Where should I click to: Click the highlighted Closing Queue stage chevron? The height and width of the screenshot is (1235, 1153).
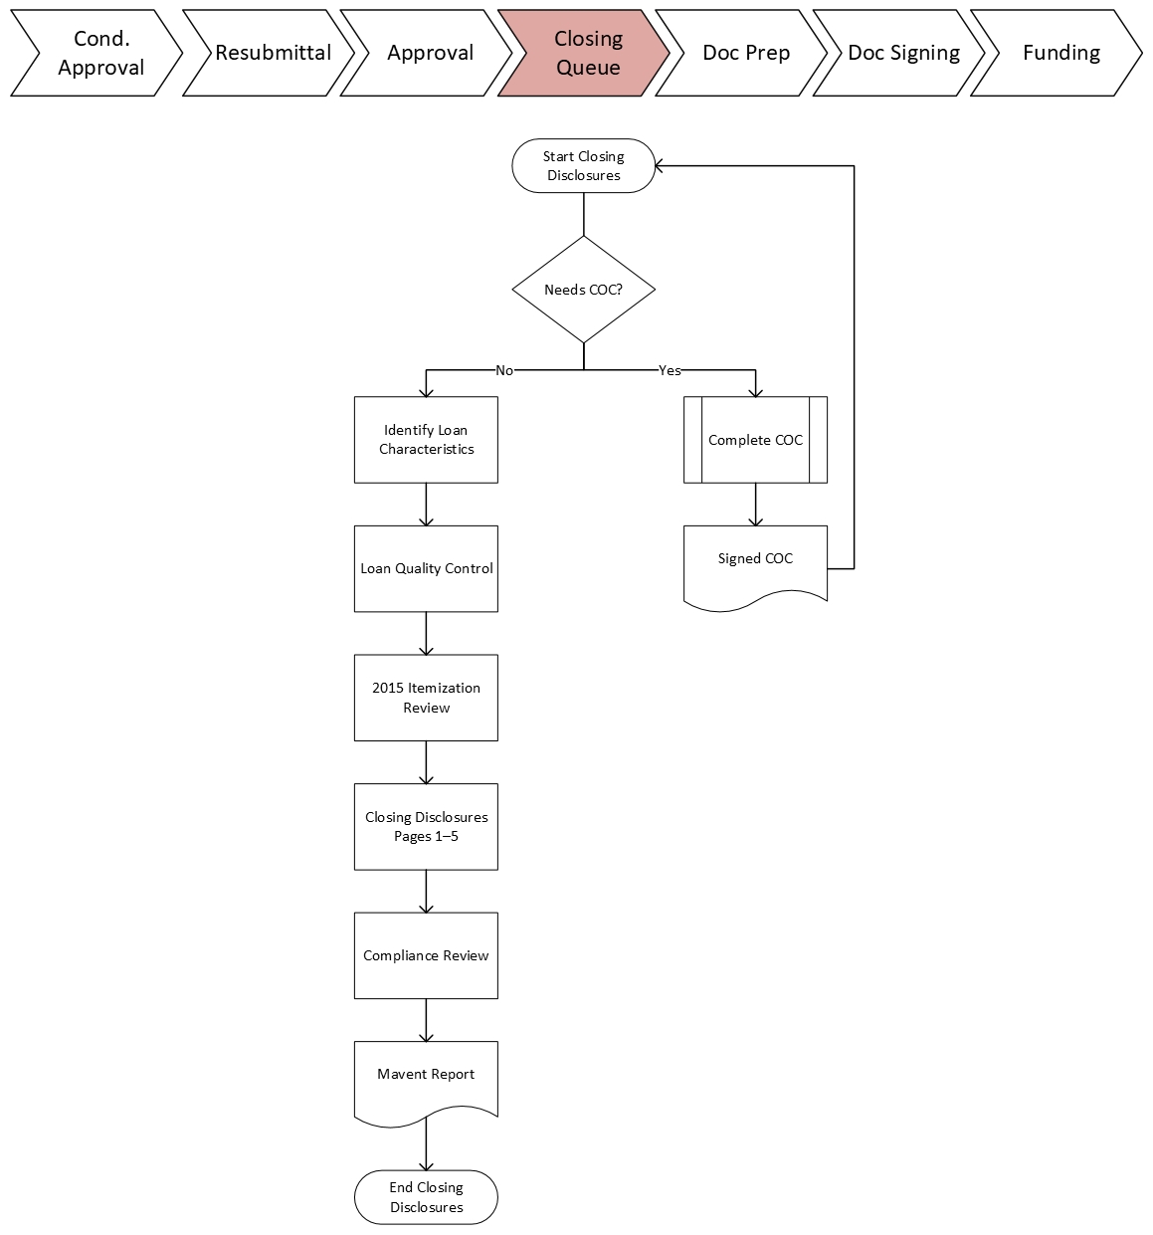coord(587,53)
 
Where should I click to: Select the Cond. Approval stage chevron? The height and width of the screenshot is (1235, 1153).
coord(99,53)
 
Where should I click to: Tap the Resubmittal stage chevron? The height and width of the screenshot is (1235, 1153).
coord(272,53)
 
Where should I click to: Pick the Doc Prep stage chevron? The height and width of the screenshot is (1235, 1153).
coord(745,53)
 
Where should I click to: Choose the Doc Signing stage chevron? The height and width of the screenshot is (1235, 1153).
coord(902,53)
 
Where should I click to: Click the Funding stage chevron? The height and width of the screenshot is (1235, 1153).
coord(1059,53)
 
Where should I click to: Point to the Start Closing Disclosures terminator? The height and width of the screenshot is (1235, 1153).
coord(584,165)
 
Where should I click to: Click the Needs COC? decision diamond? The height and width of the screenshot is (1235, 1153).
coord(584,290)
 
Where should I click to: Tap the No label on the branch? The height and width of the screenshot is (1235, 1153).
coord(504,370)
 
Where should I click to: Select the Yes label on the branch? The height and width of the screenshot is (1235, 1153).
coord(670,370)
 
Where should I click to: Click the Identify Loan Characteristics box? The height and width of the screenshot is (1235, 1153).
coord(426,440)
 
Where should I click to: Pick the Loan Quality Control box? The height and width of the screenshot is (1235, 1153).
coord(426,568)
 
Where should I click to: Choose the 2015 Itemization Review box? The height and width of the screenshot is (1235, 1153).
coord(426,698)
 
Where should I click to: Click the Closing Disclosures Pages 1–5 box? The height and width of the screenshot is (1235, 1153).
coord(426,826)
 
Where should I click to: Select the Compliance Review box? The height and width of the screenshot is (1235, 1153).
coord(426,955)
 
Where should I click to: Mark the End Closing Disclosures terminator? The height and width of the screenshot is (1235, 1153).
coord(426,1197)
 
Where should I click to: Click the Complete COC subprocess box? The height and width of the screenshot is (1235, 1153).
coord(755,440)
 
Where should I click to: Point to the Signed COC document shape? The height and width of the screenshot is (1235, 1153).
coord(755,562)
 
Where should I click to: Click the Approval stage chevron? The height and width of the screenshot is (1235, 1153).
coord(430,53)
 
